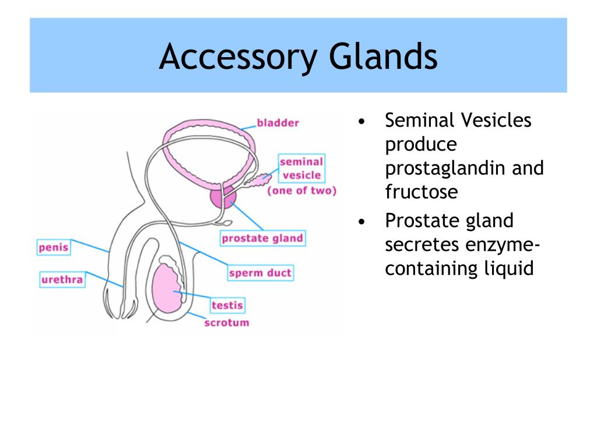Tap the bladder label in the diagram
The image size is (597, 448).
tap(278, 123)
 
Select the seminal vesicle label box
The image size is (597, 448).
tap(301, 168)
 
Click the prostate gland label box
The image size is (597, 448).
tap(262, 238)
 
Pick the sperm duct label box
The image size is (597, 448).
tap(260, 273)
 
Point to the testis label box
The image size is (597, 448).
tap(227, 305)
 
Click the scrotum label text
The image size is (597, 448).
tap(226, 323)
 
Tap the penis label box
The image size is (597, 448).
tap(54, 247)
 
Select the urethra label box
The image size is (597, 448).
tap(62, 280)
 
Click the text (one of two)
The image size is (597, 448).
tap(301, 191)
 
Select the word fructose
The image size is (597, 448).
tap(421, 191)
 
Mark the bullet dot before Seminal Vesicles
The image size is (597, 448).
tap(362, 122)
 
